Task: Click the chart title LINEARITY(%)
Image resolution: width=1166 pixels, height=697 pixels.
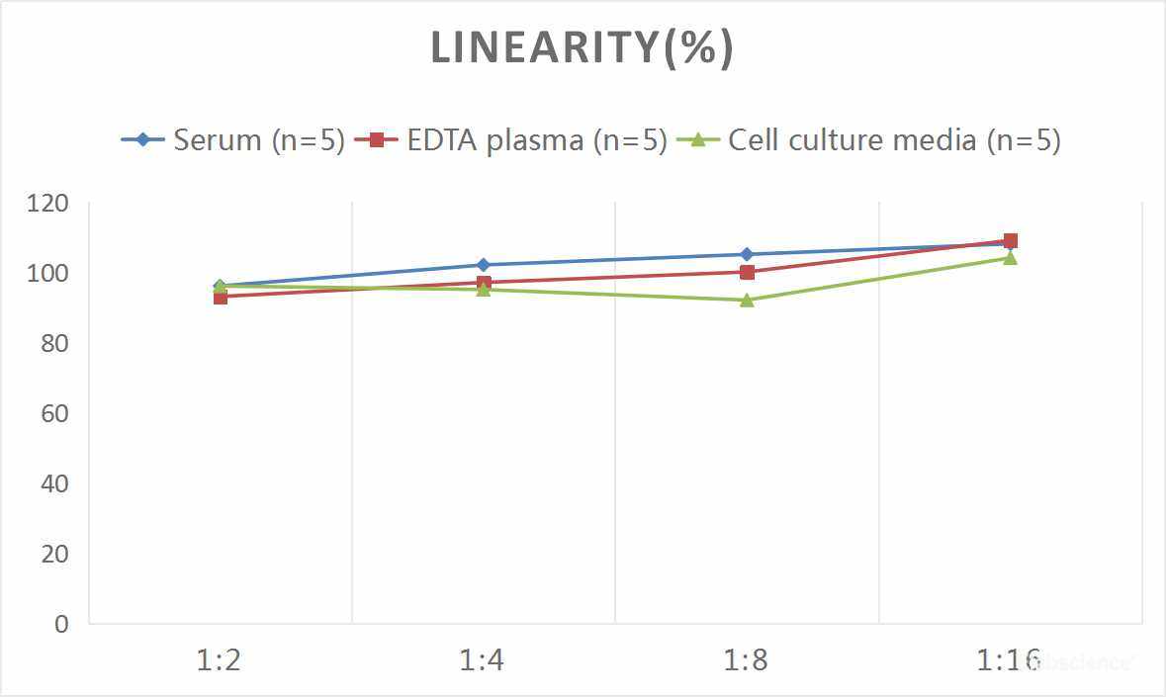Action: (x=583, y=48)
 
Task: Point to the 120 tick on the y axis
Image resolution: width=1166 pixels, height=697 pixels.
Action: (x=48, y=204)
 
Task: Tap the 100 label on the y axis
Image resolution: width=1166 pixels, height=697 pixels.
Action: (x=48, y=274)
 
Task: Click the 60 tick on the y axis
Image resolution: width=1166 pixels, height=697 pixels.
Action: (x=54, y=413)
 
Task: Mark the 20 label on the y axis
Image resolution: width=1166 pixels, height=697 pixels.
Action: (x=54, y=554)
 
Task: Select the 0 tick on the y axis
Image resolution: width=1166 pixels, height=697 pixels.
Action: (x=61, y=624)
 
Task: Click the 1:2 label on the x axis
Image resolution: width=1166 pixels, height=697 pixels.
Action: (x=220, y=660)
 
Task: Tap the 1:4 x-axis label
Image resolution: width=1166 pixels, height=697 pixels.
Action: (x=483, y=660)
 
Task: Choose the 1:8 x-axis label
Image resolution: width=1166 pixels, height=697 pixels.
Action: (x=747, y=660)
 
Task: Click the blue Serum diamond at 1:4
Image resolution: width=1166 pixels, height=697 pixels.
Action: (x=483, y=265)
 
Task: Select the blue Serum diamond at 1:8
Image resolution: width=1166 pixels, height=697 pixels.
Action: (x=747, y=255)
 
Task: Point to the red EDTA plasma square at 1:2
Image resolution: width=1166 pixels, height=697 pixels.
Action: (x=220, y=297)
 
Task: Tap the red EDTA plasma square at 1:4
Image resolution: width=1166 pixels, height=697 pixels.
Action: (x=483, y=283)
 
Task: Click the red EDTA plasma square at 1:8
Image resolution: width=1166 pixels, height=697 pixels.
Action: (x=747, y=272)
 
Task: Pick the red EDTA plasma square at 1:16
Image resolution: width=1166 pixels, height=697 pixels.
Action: (x=1010, y=240)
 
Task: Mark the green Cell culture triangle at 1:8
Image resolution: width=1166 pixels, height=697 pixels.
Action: (x=747, y=300)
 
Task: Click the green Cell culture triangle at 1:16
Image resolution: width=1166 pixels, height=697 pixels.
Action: (x=1010, y=258)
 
